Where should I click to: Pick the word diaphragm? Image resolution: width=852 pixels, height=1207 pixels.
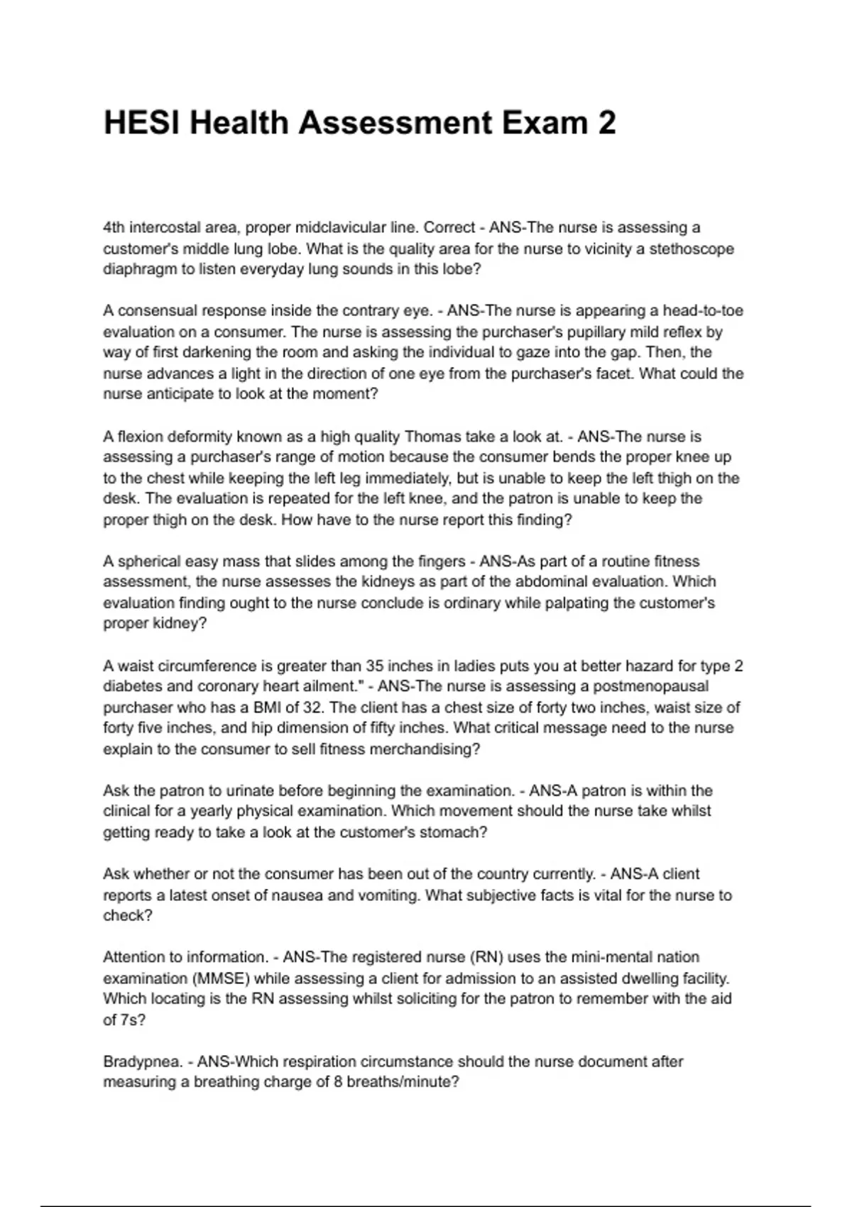pos(136,270)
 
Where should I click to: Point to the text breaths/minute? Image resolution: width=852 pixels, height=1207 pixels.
pos(403,1083)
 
